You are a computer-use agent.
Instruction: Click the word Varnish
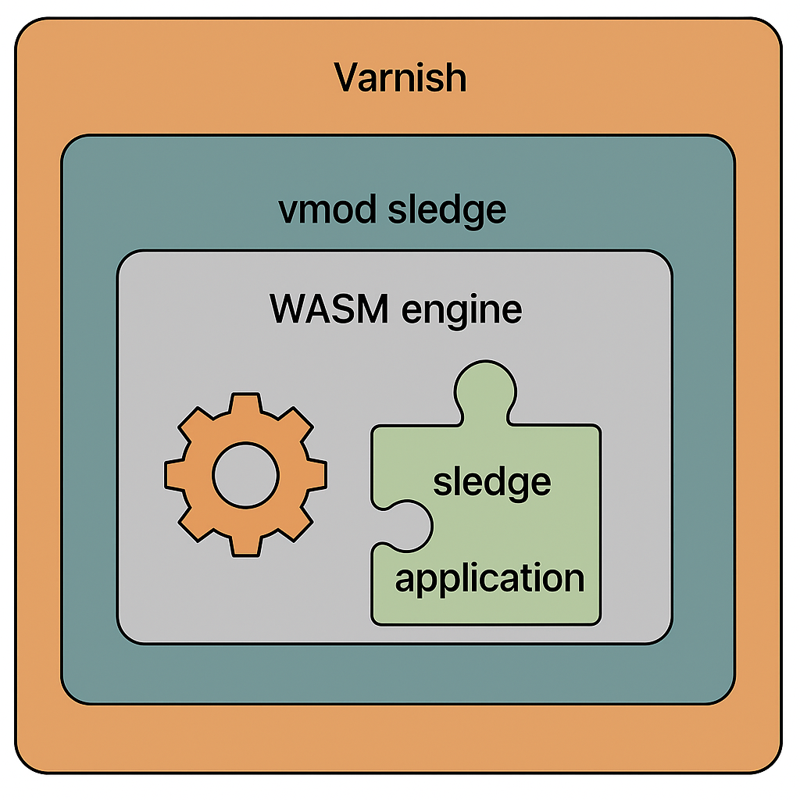(400, 78)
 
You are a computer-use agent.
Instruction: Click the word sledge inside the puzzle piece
(492, 483)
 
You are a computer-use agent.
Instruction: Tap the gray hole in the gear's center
(245, 475)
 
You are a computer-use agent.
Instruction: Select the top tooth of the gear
(245, 405)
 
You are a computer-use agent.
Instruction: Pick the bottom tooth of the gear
(245, 545)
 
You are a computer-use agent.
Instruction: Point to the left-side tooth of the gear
(176, 475)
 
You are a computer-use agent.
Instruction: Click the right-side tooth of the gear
(316, 475)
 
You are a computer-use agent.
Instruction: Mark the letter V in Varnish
(348, 78)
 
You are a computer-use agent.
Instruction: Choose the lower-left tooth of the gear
(196, 524)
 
